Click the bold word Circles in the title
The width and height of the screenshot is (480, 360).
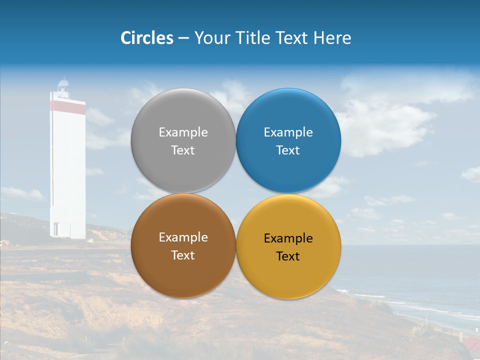[x=146, y=38]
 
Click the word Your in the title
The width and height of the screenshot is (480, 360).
[x=211, y=38]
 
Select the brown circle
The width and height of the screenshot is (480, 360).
[x=183, y=272]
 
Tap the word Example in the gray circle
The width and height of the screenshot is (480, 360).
[x=183, y=132]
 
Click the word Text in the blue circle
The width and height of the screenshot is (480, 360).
[x=288, y=150]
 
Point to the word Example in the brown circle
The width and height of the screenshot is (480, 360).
[x=183, y=237]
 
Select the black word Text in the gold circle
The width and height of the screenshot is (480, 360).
[x=288, y=256]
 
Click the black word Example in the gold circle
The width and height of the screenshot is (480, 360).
[x=288, y=238]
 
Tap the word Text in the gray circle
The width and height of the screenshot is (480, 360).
[x=183, y=150]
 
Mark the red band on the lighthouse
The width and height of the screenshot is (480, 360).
[x=67, y=106]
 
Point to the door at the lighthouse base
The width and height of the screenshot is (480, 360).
[x=55, y=229]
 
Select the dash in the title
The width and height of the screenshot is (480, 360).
[x=183, y=38]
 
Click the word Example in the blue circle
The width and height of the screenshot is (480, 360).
[x=288, y=132]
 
